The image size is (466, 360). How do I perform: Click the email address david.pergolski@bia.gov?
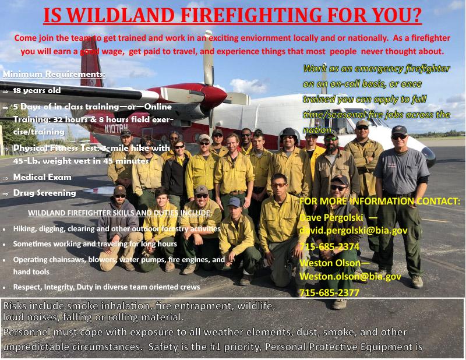coord(354,231)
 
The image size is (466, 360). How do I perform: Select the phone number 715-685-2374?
coord(329,246)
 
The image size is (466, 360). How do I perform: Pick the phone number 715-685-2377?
coord(329,292)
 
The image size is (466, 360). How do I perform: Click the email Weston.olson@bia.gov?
coord(350,276)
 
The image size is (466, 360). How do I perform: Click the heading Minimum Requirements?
coord(54,74)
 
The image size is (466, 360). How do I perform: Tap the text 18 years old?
coord(37,90)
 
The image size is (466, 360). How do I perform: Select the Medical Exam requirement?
coord(43,177)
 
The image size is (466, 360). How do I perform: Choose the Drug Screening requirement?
coord(45,193)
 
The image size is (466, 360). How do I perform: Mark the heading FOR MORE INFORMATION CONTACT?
coord(380,202)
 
